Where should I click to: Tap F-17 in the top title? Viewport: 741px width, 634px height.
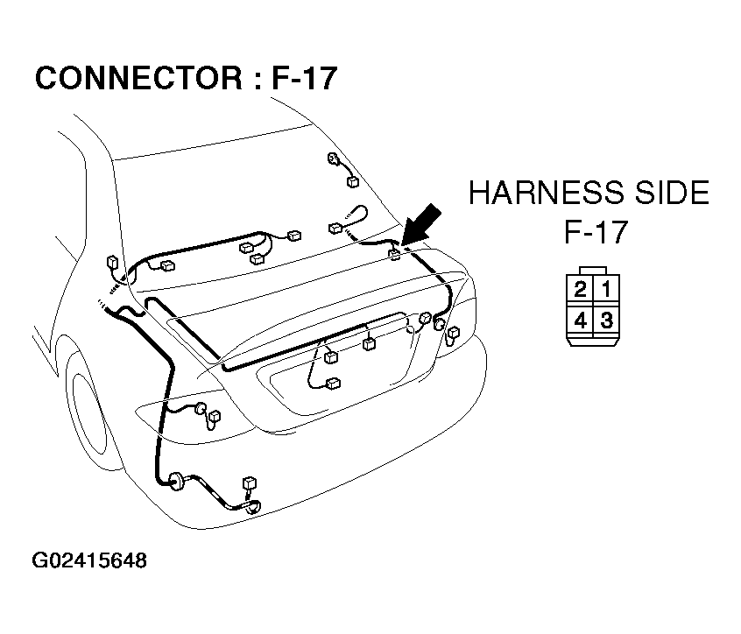[304, 78]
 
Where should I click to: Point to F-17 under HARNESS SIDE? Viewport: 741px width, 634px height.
[596, 231]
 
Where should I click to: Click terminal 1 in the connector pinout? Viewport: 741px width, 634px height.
[606, 288]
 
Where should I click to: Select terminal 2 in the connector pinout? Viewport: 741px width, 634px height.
[580, 288]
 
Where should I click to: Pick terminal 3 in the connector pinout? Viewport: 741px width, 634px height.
[606, 321]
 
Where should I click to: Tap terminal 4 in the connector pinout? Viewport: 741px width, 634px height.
[580, 321]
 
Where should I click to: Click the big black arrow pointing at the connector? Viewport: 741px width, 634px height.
[420, 224]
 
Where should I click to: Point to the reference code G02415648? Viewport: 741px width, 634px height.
[89, 560]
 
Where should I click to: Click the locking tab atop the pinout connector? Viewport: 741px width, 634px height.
[593, 271]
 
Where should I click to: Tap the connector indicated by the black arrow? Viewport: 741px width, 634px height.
[395, 254]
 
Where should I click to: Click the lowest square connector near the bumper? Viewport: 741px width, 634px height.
[249, 483]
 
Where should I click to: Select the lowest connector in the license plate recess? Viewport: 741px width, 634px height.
[333, 383]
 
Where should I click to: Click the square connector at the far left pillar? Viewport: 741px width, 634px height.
[112, 262]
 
